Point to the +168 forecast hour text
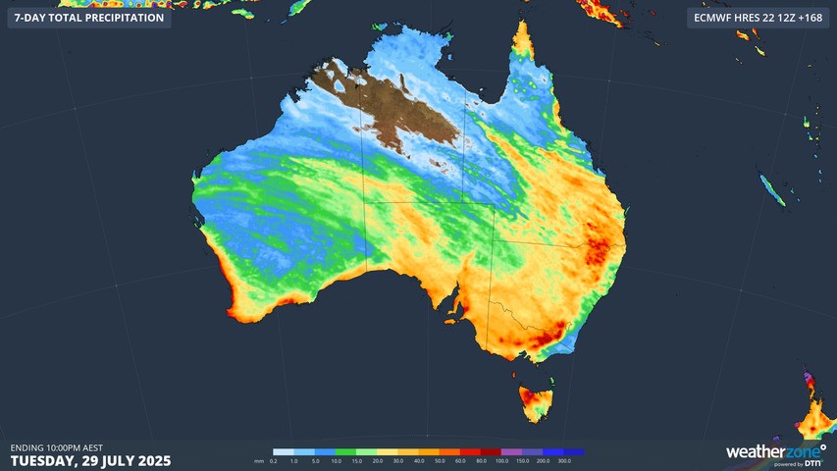[806, 18]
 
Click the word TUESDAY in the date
[48, 460]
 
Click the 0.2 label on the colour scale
[274, 461]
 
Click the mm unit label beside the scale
[259, 461]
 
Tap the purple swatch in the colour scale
[519, 452]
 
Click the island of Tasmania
[533, 400]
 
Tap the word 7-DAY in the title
[31, 18]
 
